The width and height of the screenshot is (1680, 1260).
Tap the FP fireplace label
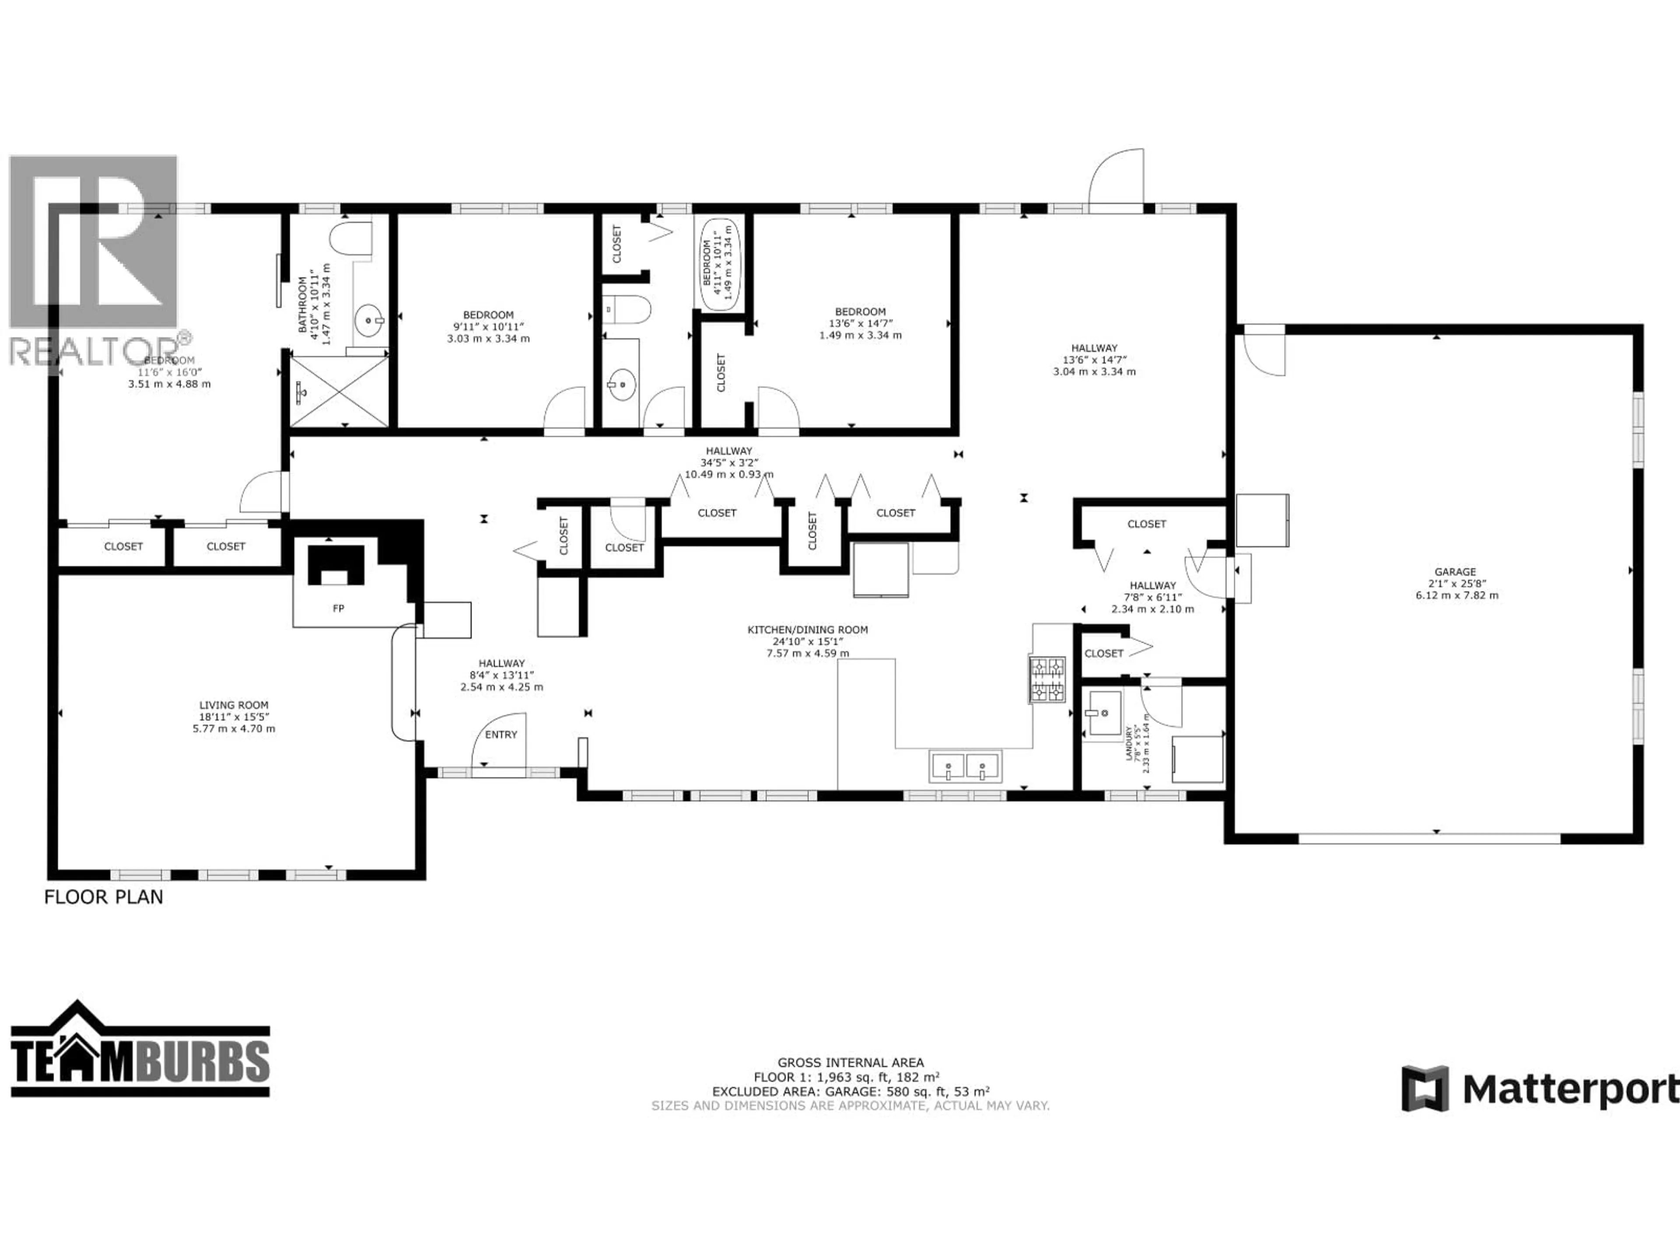(339, 609)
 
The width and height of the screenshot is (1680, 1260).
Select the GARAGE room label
(1455, 572)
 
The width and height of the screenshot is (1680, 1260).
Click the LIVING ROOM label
(234, 705)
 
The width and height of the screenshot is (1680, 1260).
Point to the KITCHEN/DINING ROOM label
(807, 630)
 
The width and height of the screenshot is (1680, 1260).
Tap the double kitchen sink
(965, 766)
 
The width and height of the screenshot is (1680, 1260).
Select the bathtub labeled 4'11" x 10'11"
(718, 264)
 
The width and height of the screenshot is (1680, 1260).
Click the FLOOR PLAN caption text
(103, 897)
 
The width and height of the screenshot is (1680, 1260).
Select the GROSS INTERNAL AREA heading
(850, 1063)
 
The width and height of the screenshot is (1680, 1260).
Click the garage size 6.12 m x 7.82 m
(1457, 595)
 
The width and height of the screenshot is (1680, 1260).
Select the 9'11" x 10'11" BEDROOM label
(488, 315)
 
